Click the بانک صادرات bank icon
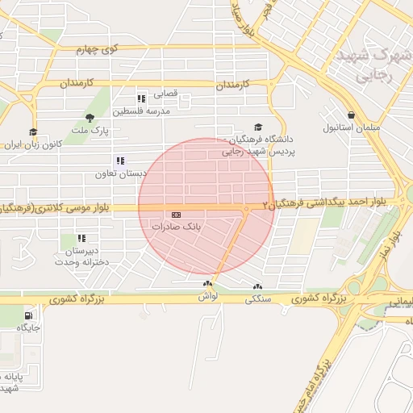(x=177, y=215)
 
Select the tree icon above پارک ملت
(x=90, y=118)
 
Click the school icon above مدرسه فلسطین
(x=142, y=98)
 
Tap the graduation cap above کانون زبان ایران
(x=33, y=132)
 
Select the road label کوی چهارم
(x=97, y=49)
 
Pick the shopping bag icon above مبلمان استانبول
(x=351, y=115)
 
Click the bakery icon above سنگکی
(x=257, y=286)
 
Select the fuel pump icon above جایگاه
(x=29, y=315)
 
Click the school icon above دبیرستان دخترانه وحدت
(x=81, y=239)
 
